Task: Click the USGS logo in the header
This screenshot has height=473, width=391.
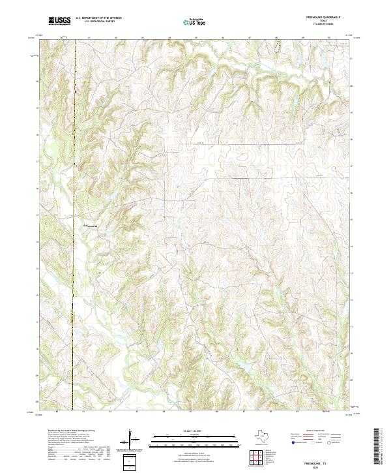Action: pyautogui.click(x=59, y=21)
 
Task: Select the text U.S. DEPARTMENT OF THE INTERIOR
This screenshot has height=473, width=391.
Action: pyautogui.click(x=99, y=19)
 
